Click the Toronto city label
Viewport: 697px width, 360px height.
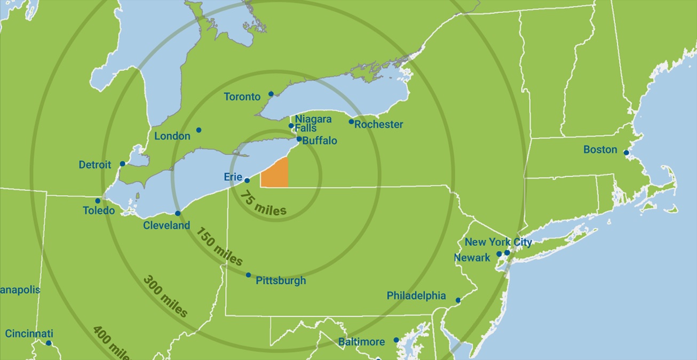tap(242, 97)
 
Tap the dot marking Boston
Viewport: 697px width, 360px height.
tap(626, 153)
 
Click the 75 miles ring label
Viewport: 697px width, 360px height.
tap(263, 204)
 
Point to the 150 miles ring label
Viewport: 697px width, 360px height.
tap(219, 247)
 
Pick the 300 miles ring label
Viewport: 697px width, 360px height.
tap(165, 296)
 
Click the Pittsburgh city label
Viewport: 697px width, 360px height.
tap(281, 281)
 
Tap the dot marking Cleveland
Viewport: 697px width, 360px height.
tap(178, 213)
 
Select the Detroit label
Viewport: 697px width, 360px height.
tap(95, 165)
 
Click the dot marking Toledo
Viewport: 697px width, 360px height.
tap(98, 201)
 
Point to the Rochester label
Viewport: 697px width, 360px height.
tap(378, 124)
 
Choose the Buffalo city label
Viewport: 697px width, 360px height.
tap(319, 141)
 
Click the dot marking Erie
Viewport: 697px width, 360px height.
tap(247, 180)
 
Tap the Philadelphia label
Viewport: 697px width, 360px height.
tap(416, 295)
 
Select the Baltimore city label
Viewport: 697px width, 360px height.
tap(361, 341)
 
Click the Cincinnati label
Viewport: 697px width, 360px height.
tap(29, 334)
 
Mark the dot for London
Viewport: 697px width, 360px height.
tap(199, 130)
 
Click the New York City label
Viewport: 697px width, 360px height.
tap(498, 242)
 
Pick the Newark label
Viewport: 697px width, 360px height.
tap(472, 258)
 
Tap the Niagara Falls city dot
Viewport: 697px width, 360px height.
tap(291, 126)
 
